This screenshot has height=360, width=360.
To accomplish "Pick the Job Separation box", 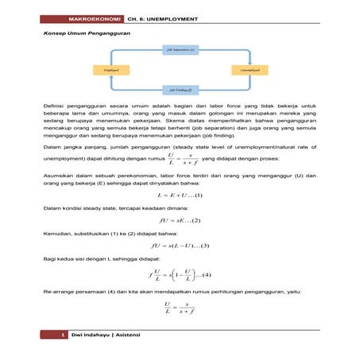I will [x=180, y=49].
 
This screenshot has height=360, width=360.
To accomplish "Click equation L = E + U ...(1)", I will [x=180, y=195].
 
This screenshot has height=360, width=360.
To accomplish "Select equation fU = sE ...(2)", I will [x=180, y=220].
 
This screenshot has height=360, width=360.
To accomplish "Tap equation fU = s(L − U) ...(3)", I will [x=180, y=246].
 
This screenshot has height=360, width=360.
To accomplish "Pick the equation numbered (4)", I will [x=180, y=275].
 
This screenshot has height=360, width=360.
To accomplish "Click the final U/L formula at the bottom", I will [x=180, y=307].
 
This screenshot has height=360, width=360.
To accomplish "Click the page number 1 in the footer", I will [x=62, y=339].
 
